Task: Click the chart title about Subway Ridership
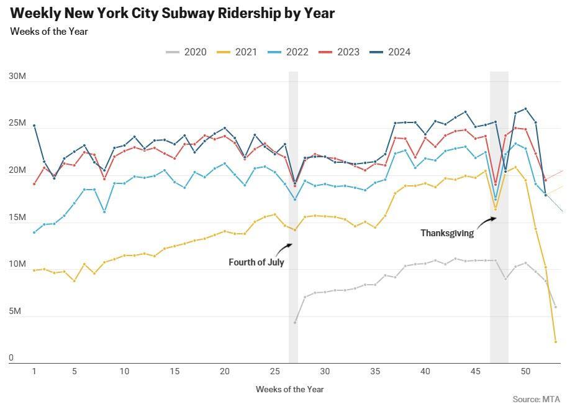[x=173, y=13]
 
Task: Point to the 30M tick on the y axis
[x=17, y=76]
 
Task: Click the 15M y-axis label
[x=17, y=218]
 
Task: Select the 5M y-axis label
[x=16, y=311]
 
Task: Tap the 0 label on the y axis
[x=11, y=358]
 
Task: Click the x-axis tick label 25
[x=274, y=371]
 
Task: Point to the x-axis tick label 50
[x=525, y=371]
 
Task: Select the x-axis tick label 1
[x=34, y=371]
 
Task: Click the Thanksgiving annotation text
[x=447, y=233]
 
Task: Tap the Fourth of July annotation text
[x=256, y=262]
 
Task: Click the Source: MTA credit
[x=537, y=399]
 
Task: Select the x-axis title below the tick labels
[x=289, y=389]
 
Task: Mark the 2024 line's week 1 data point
[x=34, y=126]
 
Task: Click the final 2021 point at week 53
[x=556, y=342]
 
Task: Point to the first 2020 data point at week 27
[x=295, y=322]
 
